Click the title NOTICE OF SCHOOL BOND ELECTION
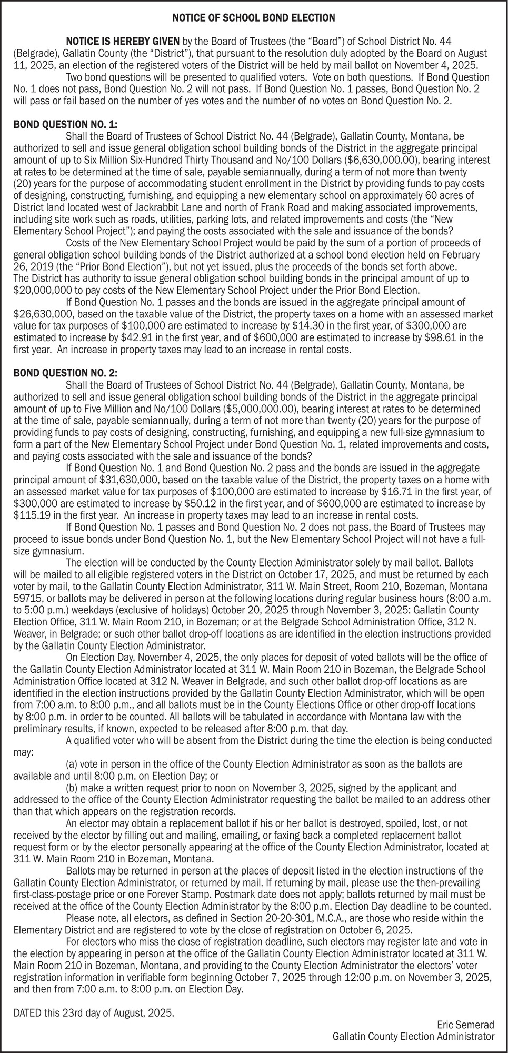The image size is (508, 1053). (x=254, y=18)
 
